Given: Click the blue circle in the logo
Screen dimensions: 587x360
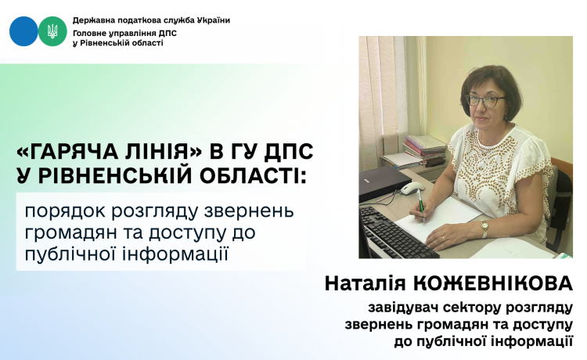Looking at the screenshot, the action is pos(23,31).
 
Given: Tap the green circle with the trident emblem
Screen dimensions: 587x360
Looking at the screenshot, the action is pos(52,31).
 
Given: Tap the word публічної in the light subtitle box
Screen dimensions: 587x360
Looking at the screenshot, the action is pos(71,254).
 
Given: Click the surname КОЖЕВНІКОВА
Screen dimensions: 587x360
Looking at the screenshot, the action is pos(492,283).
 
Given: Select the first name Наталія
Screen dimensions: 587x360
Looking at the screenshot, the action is pos(365,283).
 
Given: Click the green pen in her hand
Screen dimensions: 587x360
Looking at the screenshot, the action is pos(421,205).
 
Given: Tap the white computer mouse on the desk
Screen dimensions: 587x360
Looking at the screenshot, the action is pos(412,187).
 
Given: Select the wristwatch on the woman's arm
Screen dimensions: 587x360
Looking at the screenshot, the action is pos(484,228).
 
